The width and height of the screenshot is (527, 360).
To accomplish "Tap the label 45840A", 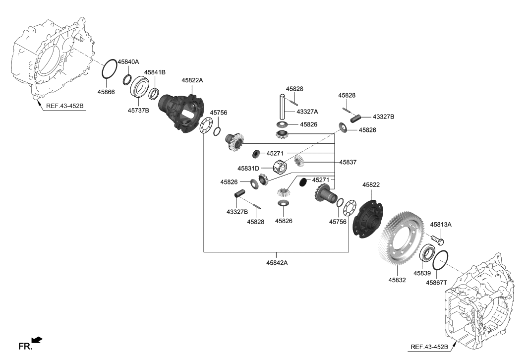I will pyautogui.click(x=128, y=61).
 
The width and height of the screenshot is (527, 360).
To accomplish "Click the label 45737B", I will pyautogui.click(x=139, y=111).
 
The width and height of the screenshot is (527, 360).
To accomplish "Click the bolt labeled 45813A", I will pyautogui.click(x=437, y=240).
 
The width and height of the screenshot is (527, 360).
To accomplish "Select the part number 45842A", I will pyautogui.click(x=276, y=263).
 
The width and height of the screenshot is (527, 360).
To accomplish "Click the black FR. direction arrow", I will pyautogui.click(x=37, y=340).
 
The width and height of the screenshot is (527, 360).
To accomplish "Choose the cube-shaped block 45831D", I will pyautogui.click(x=280, y=167).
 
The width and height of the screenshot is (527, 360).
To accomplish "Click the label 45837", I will pyautogui.click(x=349, y=162).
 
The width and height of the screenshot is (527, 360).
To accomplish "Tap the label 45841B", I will pyautogui.click(x=155, y=72).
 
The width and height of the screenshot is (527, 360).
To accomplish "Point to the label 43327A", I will pyautogui.click(x=307, y=112).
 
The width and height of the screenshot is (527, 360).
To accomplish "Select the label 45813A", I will pyautogui.click(x=441, y=224).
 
